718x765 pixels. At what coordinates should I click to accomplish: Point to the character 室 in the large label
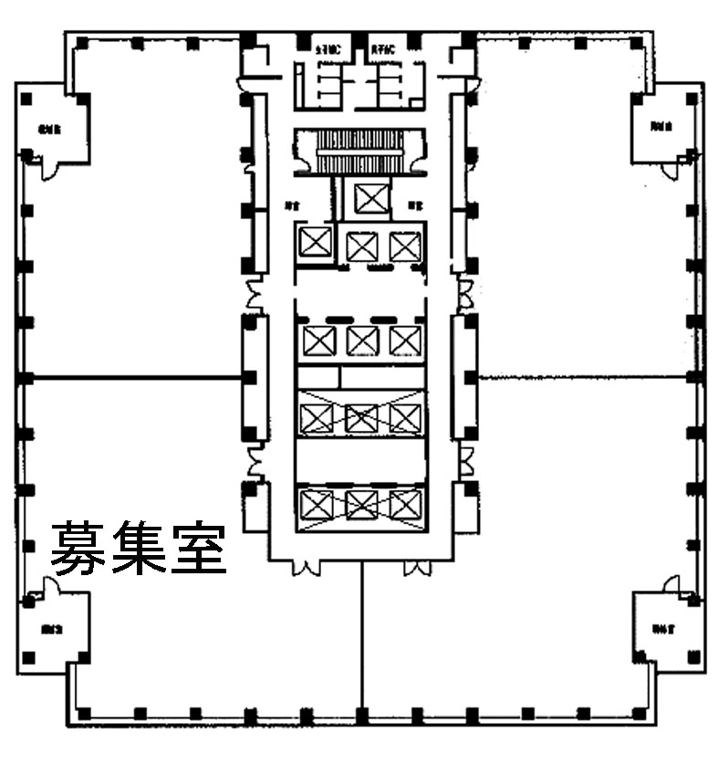[195, 548]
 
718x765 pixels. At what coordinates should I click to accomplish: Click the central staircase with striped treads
[361, 151]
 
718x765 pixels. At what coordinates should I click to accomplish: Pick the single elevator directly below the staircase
[369, 198]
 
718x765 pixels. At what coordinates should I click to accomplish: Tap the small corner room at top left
[51, 128]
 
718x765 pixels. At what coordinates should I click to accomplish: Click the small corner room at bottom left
[53, 628]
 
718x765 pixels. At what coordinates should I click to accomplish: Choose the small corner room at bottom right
[664, 628]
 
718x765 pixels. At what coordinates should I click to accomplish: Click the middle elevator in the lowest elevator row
[362, 503]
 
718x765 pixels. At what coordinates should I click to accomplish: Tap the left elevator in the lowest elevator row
[318, 503]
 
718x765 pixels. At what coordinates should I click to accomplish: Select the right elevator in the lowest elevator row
[405, 503]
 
